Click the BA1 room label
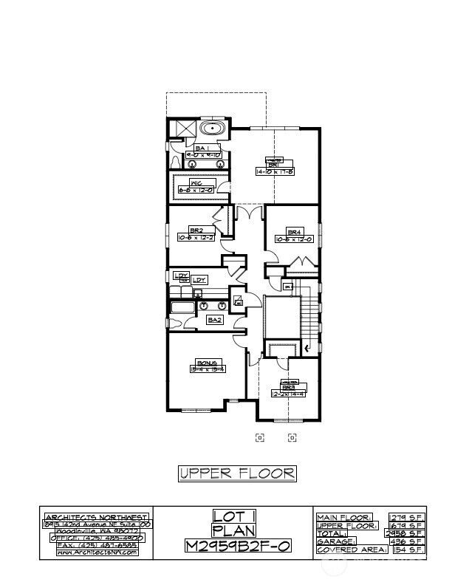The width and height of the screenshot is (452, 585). click(200, 148)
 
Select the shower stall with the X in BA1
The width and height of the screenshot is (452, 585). click(180, 130)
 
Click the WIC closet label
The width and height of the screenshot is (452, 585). click(196, 182)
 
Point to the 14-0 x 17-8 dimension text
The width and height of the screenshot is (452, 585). click(275, 171)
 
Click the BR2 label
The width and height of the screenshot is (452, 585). click(196, 230)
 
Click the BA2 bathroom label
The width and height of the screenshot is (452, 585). click(215, 320)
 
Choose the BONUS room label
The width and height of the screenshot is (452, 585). click(206, 362)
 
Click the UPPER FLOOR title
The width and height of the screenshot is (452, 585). click(237, 473)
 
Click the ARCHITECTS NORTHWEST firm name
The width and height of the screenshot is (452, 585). click(97, 517)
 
